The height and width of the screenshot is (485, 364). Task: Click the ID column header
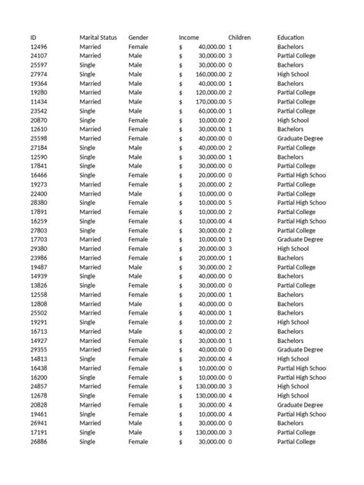[34, 38]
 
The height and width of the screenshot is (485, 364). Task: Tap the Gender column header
[139, 38]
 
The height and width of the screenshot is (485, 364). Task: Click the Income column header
[189, 38]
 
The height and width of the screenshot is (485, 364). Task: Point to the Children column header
[240, 38]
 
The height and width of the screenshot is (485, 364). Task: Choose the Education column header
[290, 38]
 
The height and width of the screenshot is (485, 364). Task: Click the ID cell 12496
[38, 47]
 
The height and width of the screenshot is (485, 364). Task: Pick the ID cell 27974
[38, 74]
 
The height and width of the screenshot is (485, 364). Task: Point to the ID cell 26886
[38, 442]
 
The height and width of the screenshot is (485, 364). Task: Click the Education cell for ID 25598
[301, 139]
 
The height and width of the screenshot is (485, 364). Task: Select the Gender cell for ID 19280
[135, 93]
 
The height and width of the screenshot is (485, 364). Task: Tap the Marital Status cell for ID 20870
[89, 120]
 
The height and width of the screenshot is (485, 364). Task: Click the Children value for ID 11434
[230, 102]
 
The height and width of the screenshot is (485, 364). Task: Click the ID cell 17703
[38, 239]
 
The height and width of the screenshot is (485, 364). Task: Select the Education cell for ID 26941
[290, 424]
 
